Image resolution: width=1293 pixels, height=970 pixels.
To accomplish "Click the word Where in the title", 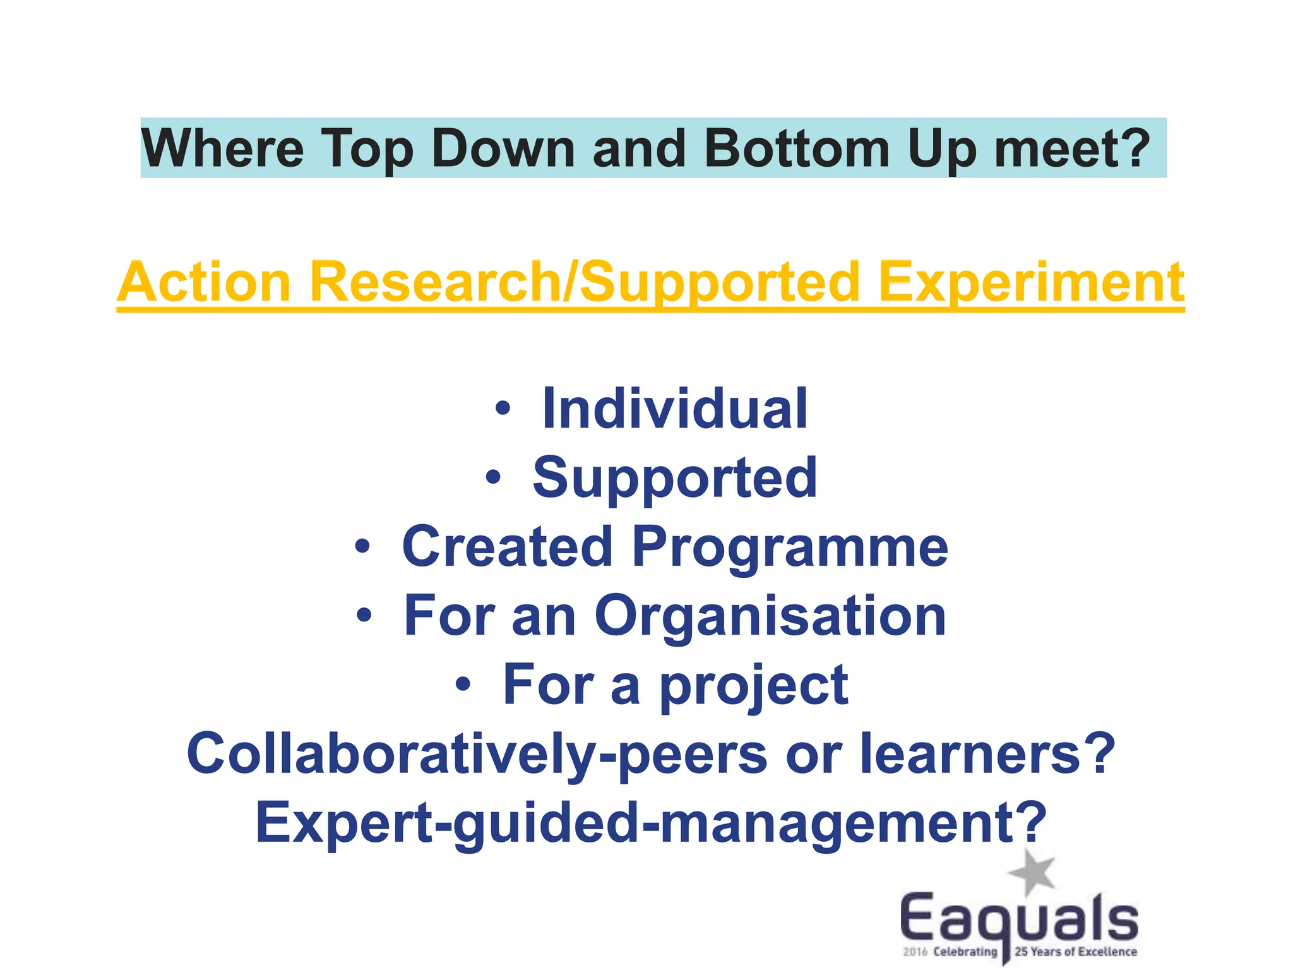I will [x=222, y=148].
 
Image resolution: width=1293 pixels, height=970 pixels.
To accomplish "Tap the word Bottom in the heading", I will [x=797, y=148].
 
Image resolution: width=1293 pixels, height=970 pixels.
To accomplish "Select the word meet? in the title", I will [x=1073, y=148].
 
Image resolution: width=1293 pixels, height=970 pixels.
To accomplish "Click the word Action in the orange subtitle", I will [x=204, y=282].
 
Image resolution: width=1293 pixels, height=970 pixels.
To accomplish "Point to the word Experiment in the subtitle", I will [x=1031, y=282].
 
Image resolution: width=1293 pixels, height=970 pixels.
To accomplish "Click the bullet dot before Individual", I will [x=502, y=409].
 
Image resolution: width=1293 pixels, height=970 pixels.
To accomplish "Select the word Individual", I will [x=674, y=409].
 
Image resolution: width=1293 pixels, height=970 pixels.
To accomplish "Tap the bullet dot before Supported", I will [x=493, y=477].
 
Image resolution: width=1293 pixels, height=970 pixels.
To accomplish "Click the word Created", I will [x=507, y=546].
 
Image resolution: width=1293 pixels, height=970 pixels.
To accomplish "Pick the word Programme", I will [x=789, y=546].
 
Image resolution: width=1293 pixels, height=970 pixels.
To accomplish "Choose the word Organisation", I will [x=770, y=616].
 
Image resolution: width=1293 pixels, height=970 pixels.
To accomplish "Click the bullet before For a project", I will [x=463, y=684].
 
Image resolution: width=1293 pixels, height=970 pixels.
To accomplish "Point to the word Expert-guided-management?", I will [x=651, y=822].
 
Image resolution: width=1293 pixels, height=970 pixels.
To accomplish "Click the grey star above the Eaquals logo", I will [x=1032, y=873].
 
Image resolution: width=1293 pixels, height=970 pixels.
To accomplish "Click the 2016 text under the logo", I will [x=915, y=952].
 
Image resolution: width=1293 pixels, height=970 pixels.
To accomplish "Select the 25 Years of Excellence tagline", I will [x=1075, y=952].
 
